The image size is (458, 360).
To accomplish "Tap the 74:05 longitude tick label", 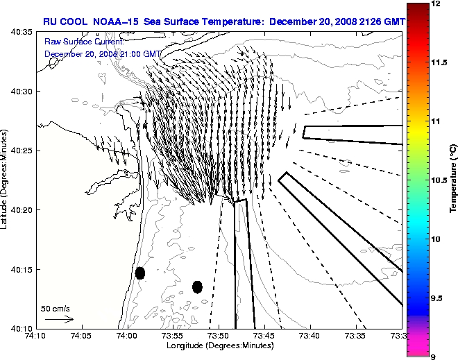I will point(81,336).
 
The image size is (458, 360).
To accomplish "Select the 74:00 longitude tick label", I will point(127,336).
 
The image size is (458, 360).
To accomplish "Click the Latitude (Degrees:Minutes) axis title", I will point(6,180).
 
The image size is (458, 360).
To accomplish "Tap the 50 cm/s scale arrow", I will point(59,319).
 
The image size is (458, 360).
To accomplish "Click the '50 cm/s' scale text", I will point(56,309).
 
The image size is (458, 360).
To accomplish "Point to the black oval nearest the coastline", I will point(140,273).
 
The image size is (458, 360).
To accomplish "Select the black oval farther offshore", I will point(197,286).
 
